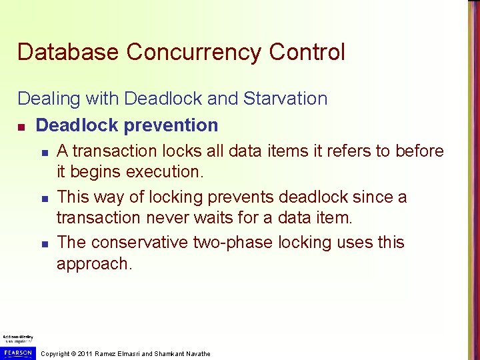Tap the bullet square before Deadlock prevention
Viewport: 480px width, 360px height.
tap(22, 126)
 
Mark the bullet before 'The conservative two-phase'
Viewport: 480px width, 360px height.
tap(42, 243)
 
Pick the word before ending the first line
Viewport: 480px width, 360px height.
tap(419, 151)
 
